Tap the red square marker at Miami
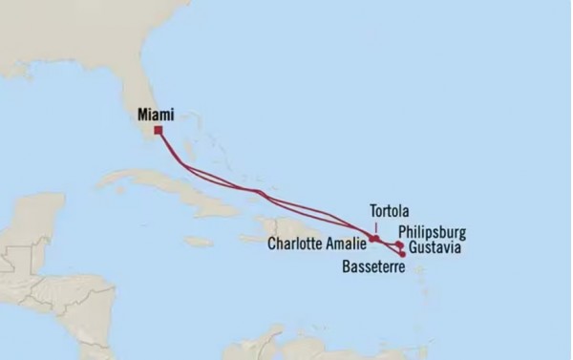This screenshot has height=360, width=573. (x=158, y=130)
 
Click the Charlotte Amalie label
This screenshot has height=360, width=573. (x=316, y=243)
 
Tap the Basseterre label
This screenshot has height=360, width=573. (x=372, y=267)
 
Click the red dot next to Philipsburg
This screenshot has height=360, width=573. (x=398, y=244)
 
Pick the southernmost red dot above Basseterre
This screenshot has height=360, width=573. (x=402, y=254)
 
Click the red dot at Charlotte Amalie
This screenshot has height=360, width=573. (x=374, y=239)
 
